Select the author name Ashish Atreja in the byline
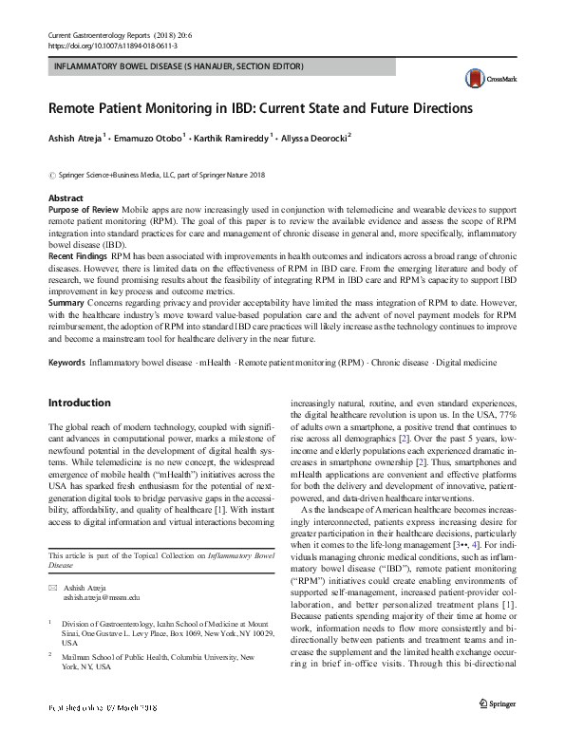click(81, 138)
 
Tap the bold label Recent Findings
click(78, 256)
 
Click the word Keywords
click(66, 364)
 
